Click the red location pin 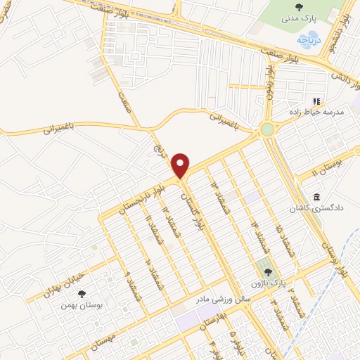coord(181,166)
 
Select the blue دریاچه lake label coord(307,41)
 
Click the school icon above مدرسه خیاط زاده coord(316,100)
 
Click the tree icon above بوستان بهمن coord(82,294)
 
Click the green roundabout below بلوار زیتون coord(267,129)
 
